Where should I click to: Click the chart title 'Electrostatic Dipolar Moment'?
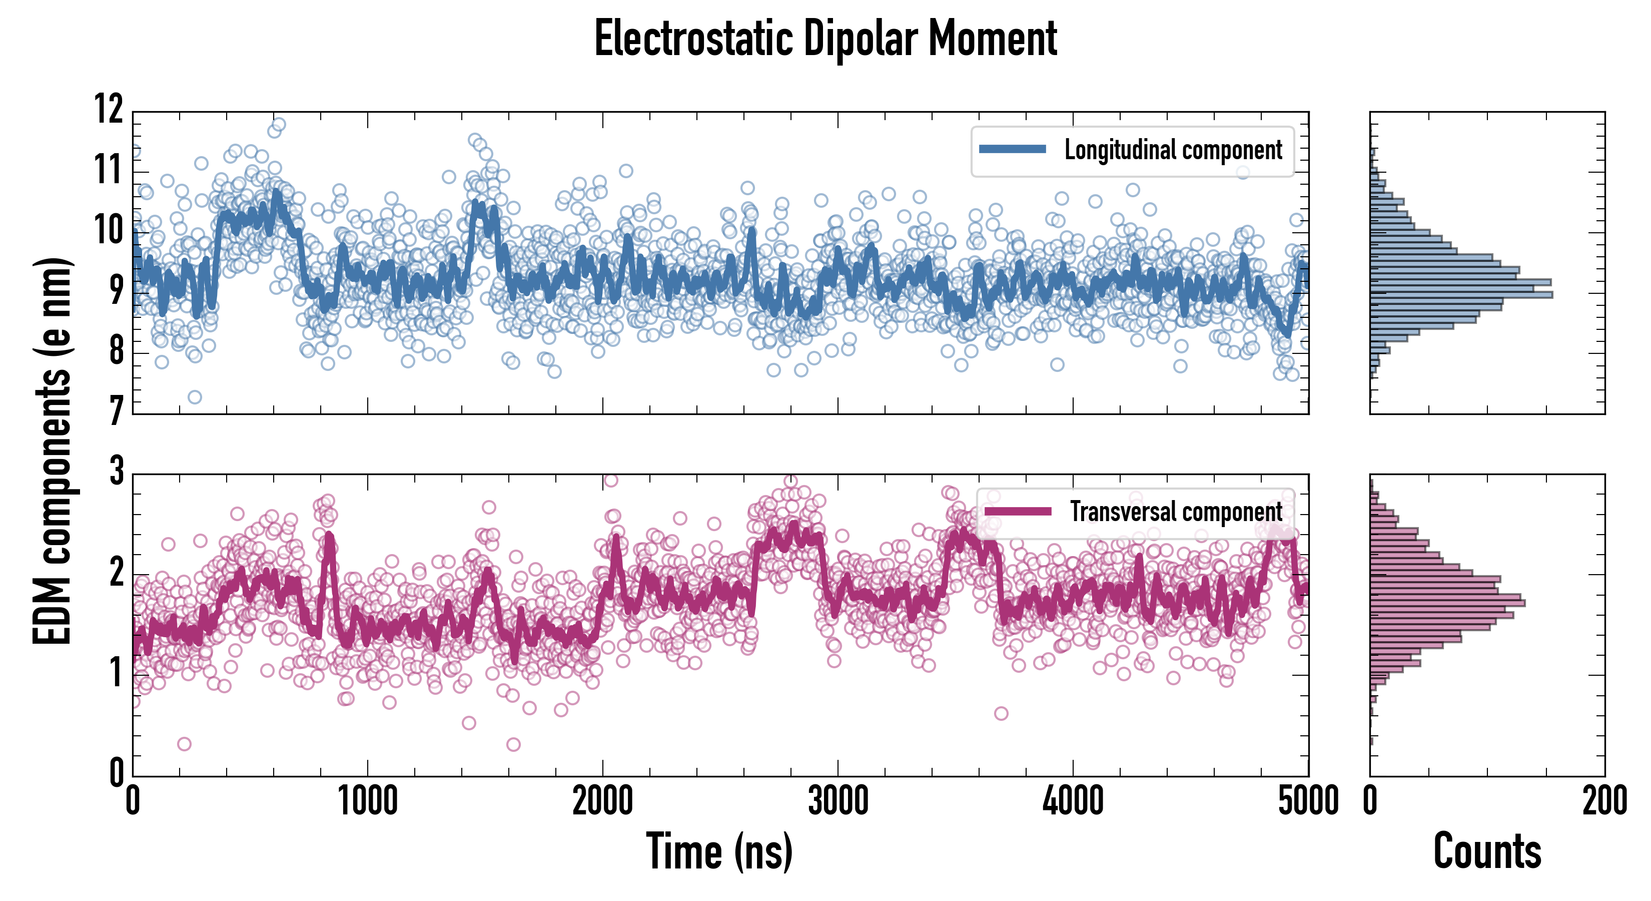825,39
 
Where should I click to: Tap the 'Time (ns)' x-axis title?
719,851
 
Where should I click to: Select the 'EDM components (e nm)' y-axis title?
51,451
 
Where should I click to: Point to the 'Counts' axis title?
1487,851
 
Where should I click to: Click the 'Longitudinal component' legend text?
1173,150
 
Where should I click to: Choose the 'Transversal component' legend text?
1176,512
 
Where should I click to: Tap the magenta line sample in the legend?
1018,511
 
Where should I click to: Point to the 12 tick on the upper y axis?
109,109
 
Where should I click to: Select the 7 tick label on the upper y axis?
116,410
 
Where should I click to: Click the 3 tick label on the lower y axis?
117,472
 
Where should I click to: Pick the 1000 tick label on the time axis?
368,801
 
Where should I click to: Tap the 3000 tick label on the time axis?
838,801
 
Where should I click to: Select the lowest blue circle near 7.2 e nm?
195,397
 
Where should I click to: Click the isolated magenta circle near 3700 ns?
1001,713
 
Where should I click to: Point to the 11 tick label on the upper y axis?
109,170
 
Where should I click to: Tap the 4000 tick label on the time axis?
1073,801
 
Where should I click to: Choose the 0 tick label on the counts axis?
1370,801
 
